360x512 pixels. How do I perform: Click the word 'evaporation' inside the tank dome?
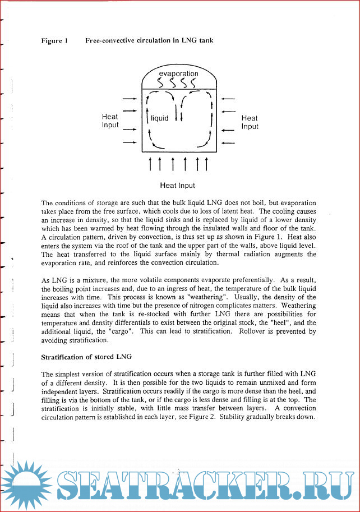(178, 74)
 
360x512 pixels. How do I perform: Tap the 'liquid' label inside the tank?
(160, 119)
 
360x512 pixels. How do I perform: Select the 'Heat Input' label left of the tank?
(110, 121)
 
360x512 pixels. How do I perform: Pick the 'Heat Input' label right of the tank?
(250, 122)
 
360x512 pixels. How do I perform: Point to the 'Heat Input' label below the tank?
(178, 185)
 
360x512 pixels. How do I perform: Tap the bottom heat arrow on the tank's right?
(228, 142)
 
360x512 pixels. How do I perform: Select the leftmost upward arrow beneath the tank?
(149, 163)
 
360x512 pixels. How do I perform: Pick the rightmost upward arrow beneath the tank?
(206, 163)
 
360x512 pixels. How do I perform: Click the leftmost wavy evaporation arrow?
(160, 83)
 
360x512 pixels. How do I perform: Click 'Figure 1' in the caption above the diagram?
(54, 40)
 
